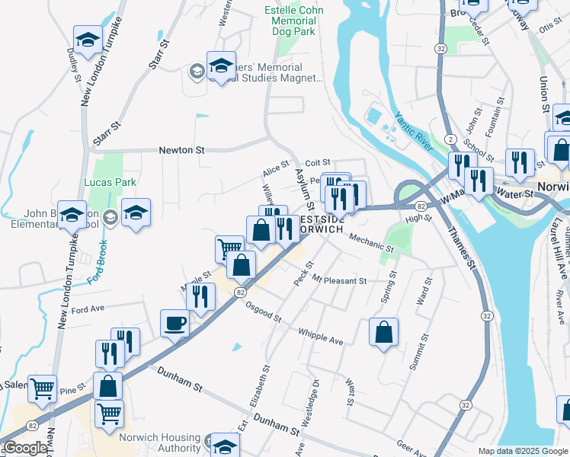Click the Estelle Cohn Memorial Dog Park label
pyautogui.click(x=293, y=21)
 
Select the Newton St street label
pyautogui.click(x=182, y=150)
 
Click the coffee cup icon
pyautogui.click(x=175, y=323)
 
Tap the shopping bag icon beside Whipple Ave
pyautogui.click(x=383, y=332)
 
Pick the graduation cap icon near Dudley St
pyautogui.click(x=88, y=40)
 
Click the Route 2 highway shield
pyautogui.click(x=452, y=138)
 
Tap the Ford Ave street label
pyautogui.click(x=87, y=310)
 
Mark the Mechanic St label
pyautogui.click(x=371, y=244)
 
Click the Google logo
pyautogui.click(x=24, y=448)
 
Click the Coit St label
pyautogui.click(x=316, y=162)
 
